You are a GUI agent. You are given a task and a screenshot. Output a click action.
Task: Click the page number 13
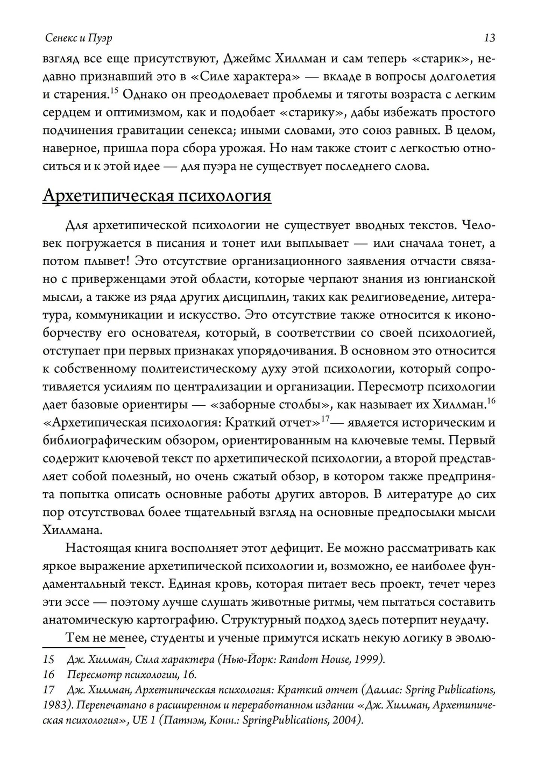(489, 38)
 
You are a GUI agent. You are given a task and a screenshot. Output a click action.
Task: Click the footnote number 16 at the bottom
(48, 674)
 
